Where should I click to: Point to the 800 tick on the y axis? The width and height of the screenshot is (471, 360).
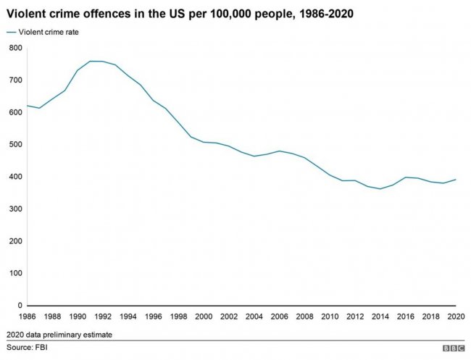(x=16, y=48)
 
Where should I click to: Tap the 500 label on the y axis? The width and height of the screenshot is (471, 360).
(x=16, y=144)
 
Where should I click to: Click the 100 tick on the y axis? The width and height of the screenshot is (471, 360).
(x=16, y=273)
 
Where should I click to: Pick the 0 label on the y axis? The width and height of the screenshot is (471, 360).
(x=20, y=306)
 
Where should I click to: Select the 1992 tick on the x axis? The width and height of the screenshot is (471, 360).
(x=102, y=317)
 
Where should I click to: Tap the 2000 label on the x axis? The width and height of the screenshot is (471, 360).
(x=204, y=317)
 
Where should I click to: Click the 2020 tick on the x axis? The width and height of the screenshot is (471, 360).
(x=456, y=317)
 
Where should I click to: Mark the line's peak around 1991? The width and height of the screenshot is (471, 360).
(x=90, y=62)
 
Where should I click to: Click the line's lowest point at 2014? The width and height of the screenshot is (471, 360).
(x=380, y=189)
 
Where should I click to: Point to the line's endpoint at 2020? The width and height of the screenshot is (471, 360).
(x=456, y=180)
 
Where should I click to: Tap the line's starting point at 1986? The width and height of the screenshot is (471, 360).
(x=26, y=106)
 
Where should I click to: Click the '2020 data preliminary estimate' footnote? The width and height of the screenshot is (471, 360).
(x=59, y=335)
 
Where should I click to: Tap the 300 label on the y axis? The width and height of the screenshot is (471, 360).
(x=16, y=209)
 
